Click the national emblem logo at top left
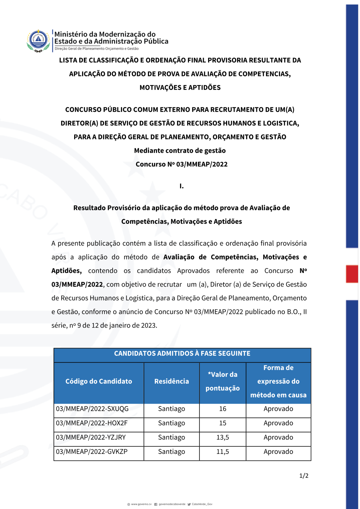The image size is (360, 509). point(38,41)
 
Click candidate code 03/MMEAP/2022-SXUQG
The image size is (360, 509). point(92,409)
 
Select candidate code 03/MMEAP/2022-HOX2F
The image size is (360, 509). point(92,423)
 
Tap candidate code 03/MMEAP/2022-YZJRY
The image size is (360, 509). point(91,438)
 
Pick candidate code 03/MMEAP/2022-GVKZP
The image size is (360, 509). point(92,452)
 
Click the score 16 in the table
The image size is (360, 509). point(223,409)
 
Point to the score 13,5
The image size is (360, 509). point(223,438)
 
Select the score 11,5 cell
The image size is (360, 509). point(223,452)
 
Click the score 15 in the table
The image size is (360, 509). point(223,423)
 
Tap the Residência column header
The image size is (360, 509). point(171,382)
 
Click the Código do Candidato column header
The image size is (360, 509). point(99,382)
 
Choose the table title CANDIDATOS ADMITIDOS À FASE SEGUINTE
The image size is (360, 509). point(182,354)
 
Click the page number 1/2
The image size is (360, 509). point(304,476)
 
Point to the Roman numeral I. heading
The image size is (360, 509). point(181,186)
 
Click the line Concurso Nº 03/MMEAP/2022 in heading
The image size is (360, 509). point(181,165)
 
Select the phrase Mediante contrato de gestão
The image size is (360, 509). point(180,151)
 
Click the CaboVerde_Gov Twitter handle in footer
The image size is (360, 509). point(202,504)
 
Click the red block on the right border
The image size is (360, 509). point(352,274)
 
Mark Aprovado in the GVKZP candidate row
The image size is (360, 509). point(278,452)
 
